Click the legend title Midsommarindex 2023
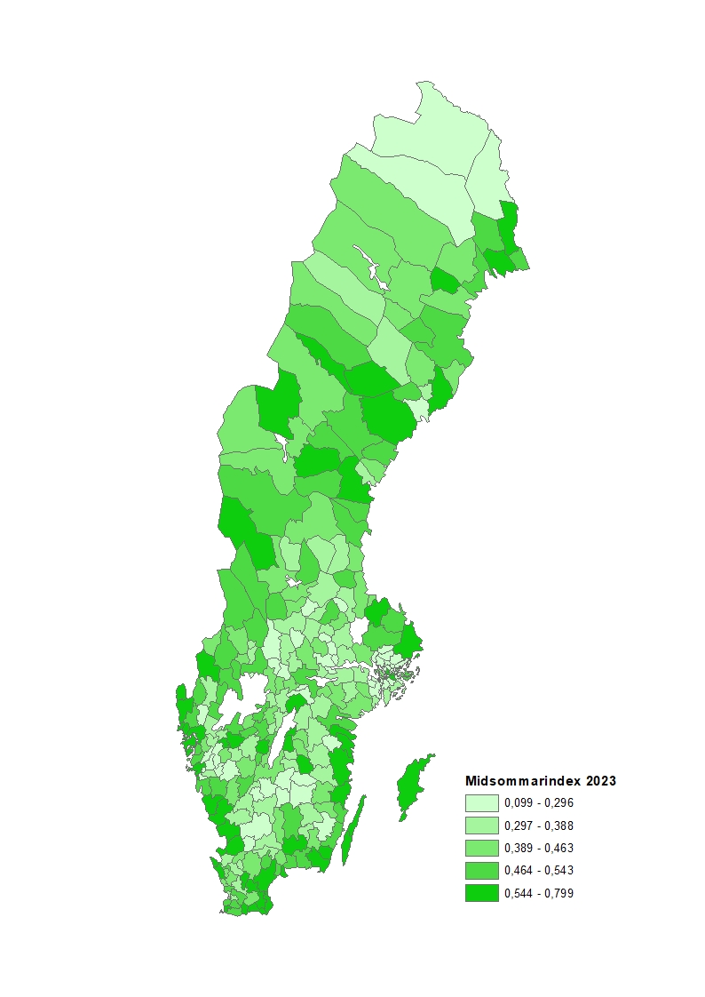[x=541, y=781]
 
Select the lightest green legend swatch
[x=481, y=802]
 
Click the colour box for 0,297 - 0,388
[x=481, y=826]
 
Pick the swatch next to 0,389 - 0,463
[x=481, y=848]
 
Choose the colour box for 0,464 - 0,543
[x=481, y=871]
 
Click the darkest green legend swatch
[x=481, y=893]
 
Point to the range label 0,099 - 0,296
[x=539, y=802]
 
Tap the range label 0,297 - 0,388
[x=539, y=826]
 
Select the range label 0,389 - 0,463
[x=539, y=848]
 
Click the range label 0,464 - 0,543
[x=539, y=871]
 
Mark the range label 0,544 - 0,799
[x=539, y=893]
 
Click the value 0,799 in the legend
[x=559, y=893]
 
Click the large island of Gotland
[x=411, y=786]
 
